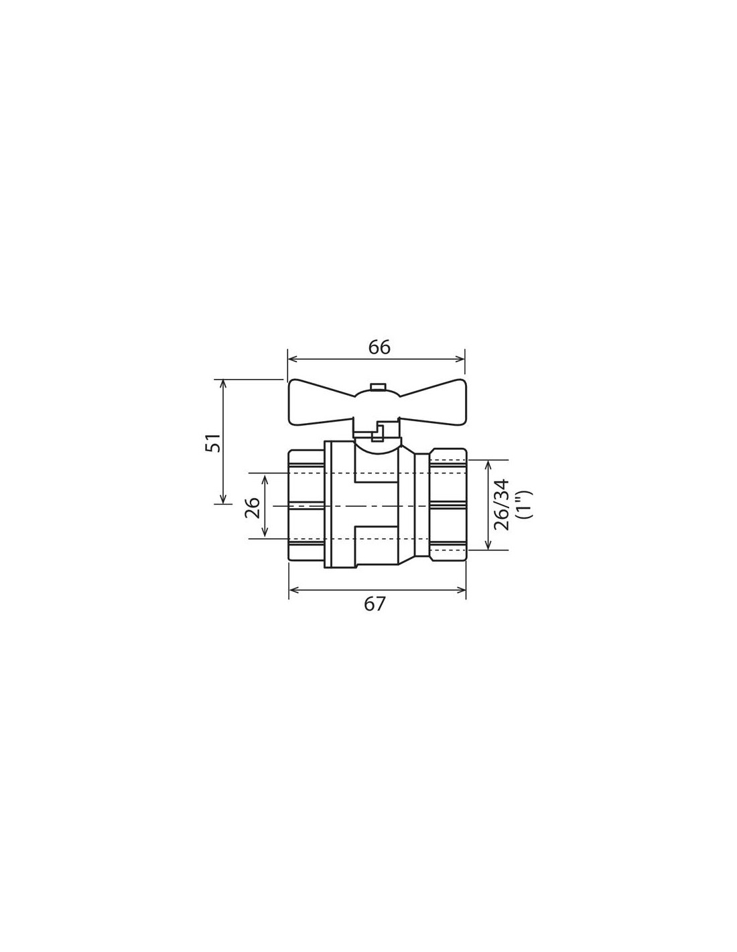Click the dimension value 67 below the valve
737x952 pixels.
coord(375,604)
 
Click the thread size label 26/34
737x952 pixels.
coord(502,505)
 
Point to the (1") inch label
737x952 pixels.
coord(525,505)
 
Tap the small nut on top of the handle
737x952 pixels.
coord(377,386)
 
